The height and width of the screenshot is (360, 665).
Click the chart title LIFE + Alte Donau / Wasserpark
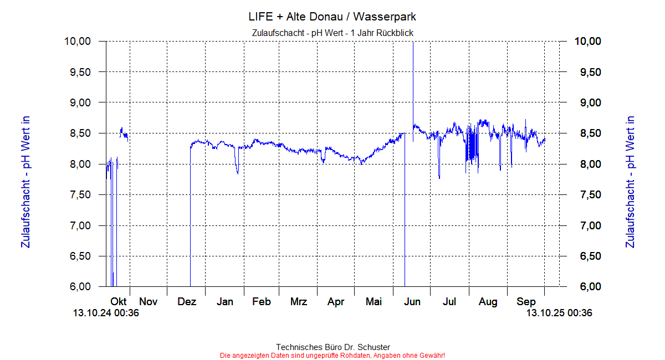(332, 17)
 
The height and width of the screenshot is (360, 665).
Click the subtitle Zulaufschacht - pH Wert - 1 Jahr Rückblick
(332, 33)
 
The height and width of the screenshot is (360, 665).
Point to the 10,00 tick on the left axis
(77, 42)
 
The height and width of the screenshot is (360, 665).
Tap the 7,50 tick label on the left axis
(77, 195)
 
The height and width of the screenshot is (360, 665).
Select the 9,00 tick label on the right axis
(588, 103)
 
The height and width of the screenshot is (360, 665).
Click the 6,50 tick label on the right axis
(588, 256)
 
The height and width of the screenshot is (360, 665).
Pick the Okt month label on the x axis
(119, 302)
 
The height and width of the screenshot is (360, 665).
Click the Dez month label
(187, 302)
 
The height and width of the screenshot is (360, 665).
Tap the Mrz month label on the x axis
(299, 302)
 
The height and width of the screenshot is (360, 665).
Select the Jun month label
(412, 302)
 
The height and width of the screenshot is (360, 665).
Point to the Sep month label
(526, 302)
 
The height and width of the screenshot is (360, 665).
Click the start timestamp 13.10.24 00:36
(106, 313)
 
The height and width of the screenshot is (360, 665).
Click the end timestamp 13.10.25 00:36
(559, 313)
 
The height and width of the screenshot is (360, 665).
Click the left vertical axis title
(25, 182)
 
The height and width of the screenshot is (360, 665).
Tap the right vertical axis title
(630, 182)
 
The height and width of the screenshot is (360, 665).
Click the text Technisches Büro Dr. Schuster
(332, 347)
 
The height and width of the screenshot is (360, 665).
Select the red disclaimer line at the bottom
(332, 355)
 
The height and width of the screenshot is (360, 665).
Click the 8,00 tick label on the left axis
(77, 164)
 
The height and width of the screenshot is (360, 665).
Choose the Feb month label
(261, 302)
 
